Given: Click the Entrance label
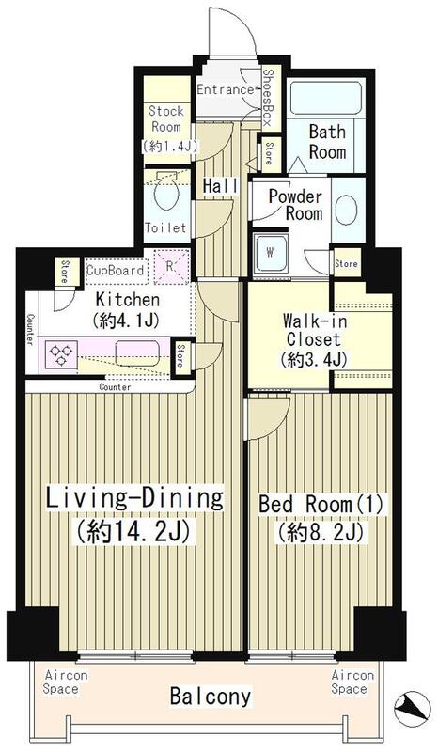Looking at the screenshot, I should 225,90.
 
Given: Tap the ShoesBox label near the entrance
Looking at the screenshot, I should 267,98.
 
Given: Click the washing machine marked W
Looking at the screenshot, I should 272,252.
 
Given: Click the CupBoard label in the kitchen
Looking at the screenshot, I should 116,271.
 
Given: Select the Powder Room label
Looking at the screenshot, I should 295,205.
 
